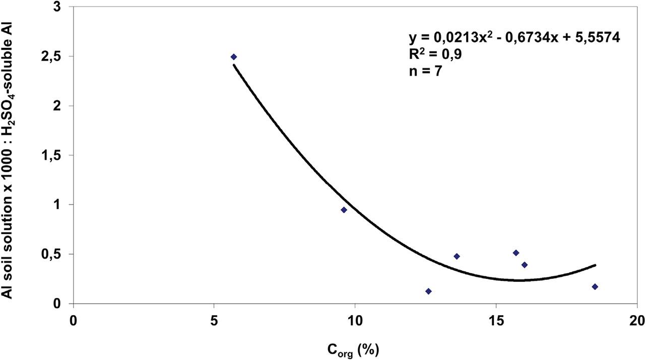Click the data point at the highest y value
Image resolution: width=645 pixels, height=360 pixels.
234,57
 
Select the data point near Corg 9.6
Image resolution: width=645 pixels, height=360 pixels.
344,210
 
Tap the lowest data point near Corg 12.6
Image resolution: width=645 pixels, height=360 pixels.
428,291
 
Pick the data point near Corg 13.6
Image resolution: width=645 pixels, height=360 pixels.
457,256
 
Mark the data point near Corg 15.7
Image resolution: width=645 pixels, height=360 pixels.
515,253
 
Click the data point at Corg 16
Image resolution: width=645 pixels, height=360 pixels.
524,265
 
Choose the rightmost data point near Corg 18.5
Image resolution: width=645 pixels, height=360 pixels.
595,287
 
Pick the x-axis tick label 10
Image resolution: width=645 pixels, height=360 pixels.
355,321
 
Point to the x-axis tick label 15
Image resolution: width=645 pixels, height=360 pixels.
496,321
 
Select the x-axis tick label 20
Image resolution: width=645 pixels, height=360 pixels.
636,321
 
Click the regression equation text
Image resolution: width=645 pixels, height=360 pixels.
513,38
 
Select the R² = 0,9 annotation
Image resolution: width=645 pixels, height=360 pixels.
435,54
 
